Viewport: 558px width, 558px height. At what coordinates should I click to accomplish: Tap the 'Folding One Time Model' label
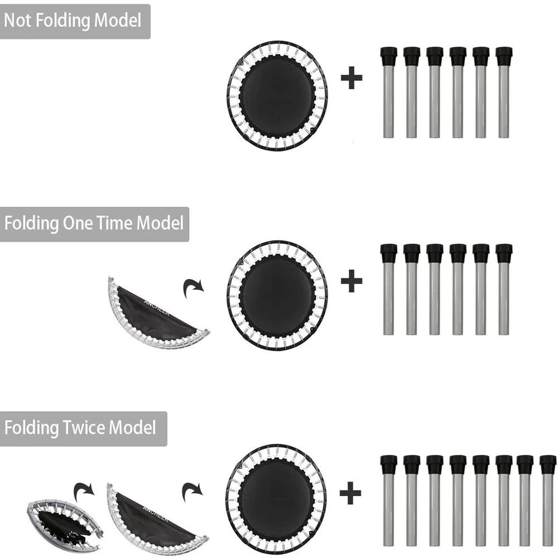(x=94, y=224)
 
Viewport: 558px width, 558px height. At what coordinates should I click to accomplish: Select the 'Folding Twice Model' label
(x=80, y=428)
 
